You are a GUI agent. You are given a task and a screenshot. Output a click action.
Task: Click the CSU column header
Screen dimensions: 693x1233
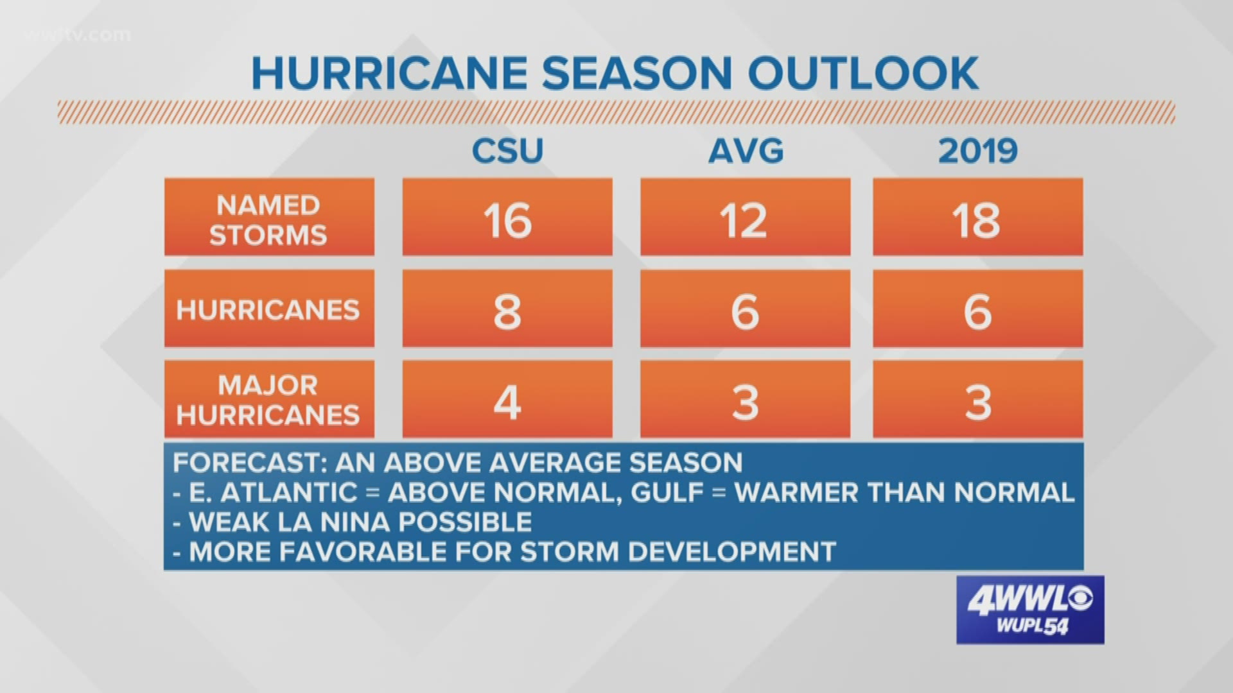click(507, 151)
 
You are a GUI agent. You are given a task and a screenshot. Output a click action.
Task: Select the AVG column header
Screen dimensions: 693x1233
click(746, 151)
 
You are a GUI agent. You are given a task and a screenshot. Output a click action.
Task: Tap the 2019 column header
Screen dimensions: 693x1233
click(977, 151)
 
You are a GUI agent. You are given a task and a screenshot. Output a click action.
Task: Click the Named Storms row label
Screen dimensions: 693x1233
click(268, 220)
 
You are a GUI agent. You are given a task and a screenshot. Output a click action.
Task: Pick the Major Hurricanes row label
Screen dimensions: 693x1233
click(268, 400)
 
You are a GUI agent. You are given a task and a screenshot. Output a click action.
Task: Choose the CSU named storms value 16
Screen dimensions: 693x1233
click(507, 220)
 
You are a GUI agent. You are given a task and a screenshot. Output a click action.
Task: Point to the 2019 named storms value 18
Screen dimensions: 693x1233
click(977, 220)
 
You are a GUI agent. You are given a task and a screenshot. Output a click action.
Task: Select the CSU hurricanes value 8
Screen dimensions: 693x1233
click(507, 311)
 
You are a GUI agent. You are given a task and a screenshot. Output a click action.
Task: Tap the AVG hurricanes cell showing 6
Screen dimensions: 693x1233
click(745, 311)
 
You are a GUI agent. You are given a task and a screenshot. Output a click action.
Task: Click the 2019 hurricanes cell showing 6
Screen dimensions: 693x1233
click(977, 311)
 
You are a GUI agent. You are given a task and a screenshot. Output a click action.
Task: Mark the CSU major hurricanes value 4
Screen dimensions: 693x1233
click(507, 402)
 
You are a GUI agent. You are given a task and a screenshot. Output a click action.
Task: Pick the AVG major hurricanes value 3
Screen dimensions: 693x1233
click(745, 402)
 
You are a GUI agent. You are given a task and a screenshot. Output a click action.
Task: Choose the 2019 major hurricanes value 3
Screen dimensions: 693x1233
click(977, 402)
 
